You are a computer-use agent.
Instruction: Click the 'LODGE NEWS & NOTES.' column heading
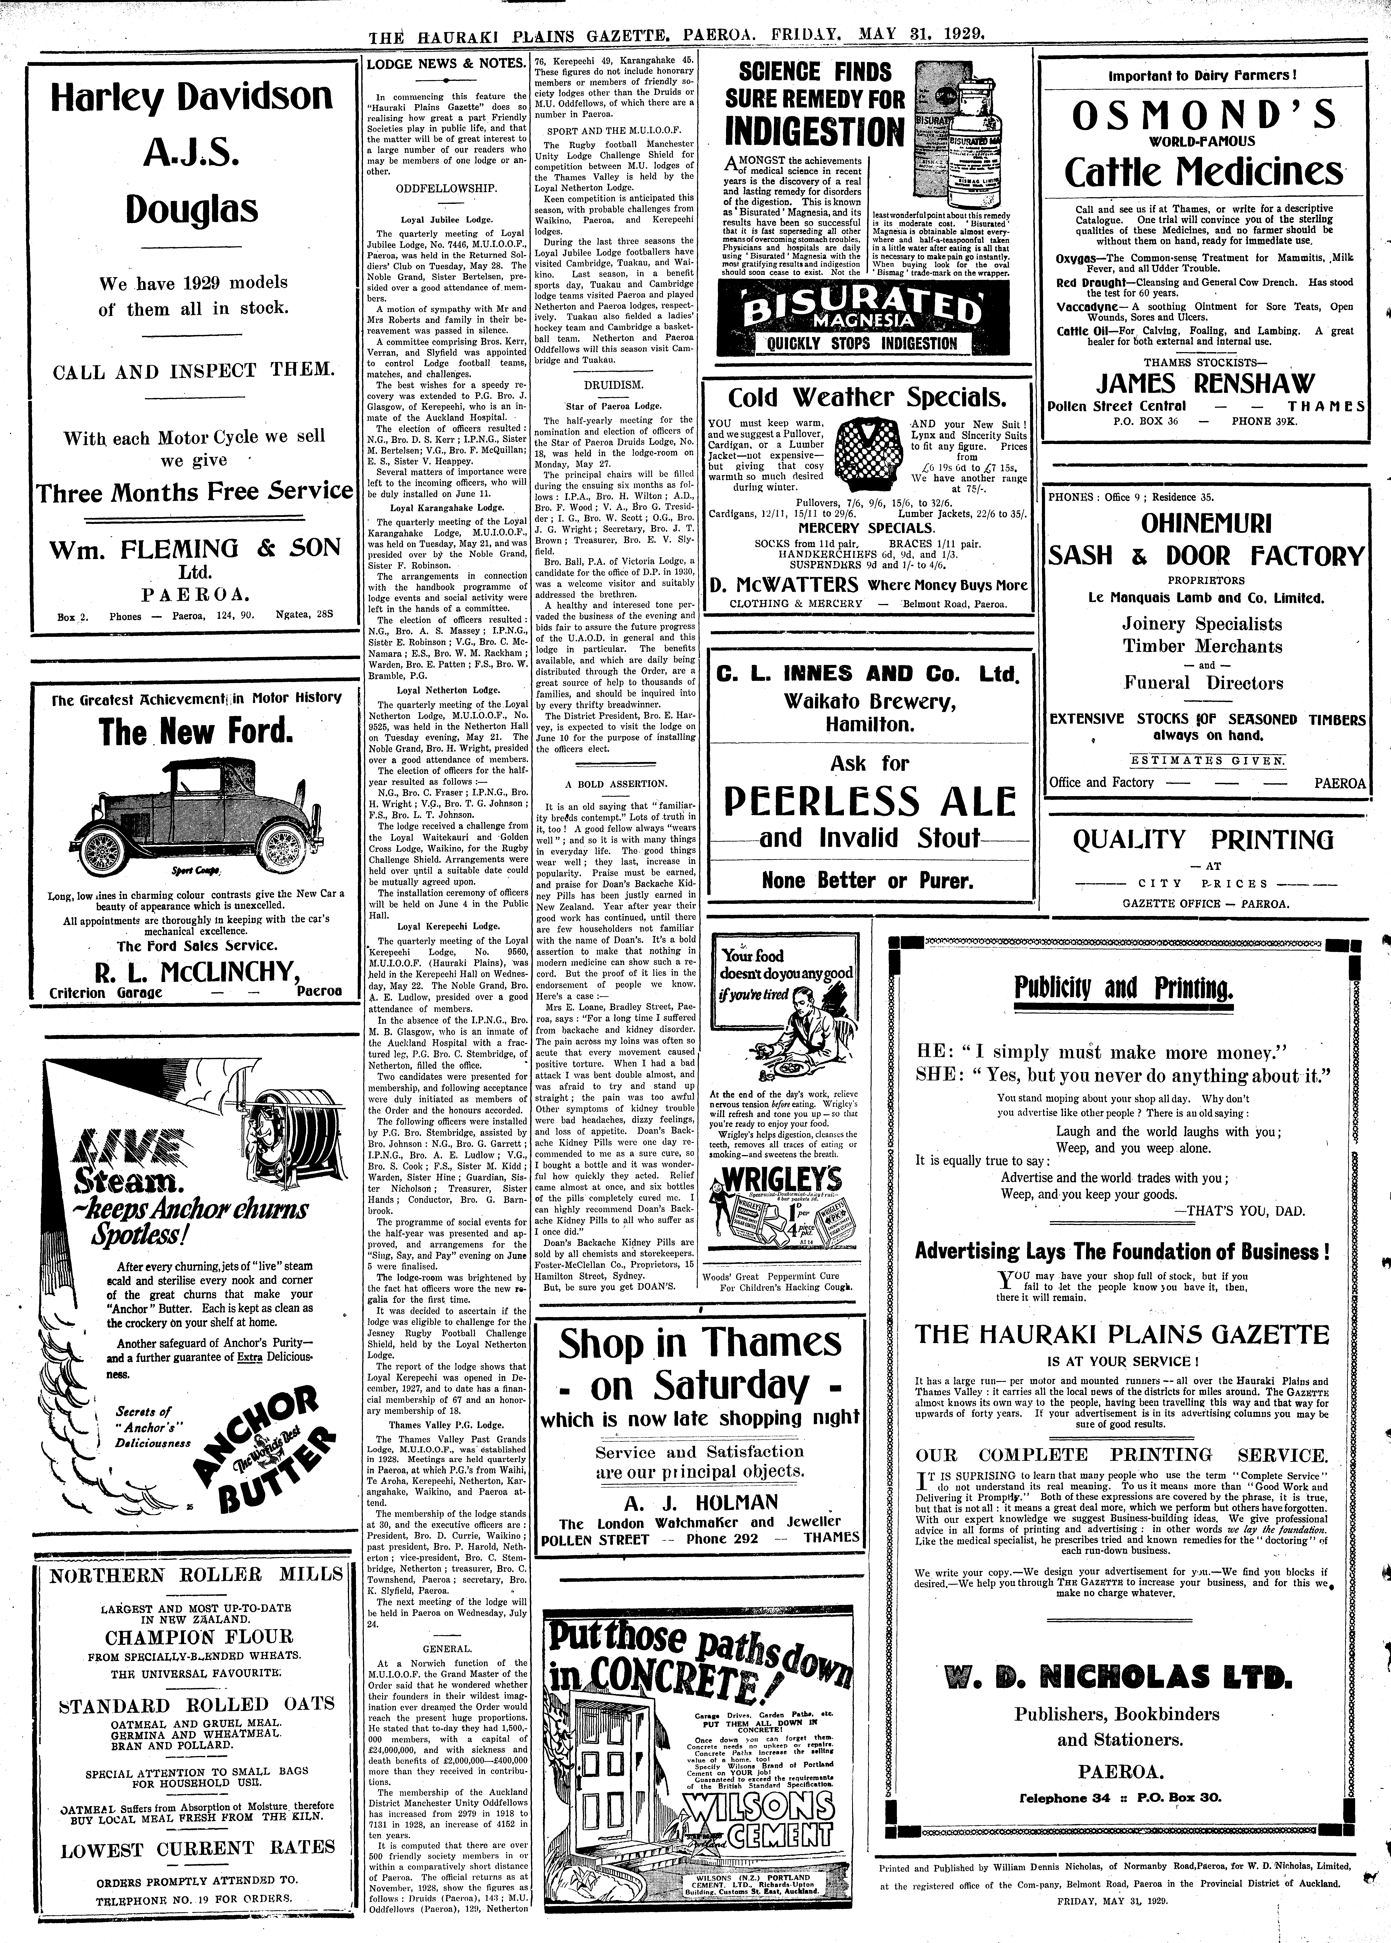[445, 64]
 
